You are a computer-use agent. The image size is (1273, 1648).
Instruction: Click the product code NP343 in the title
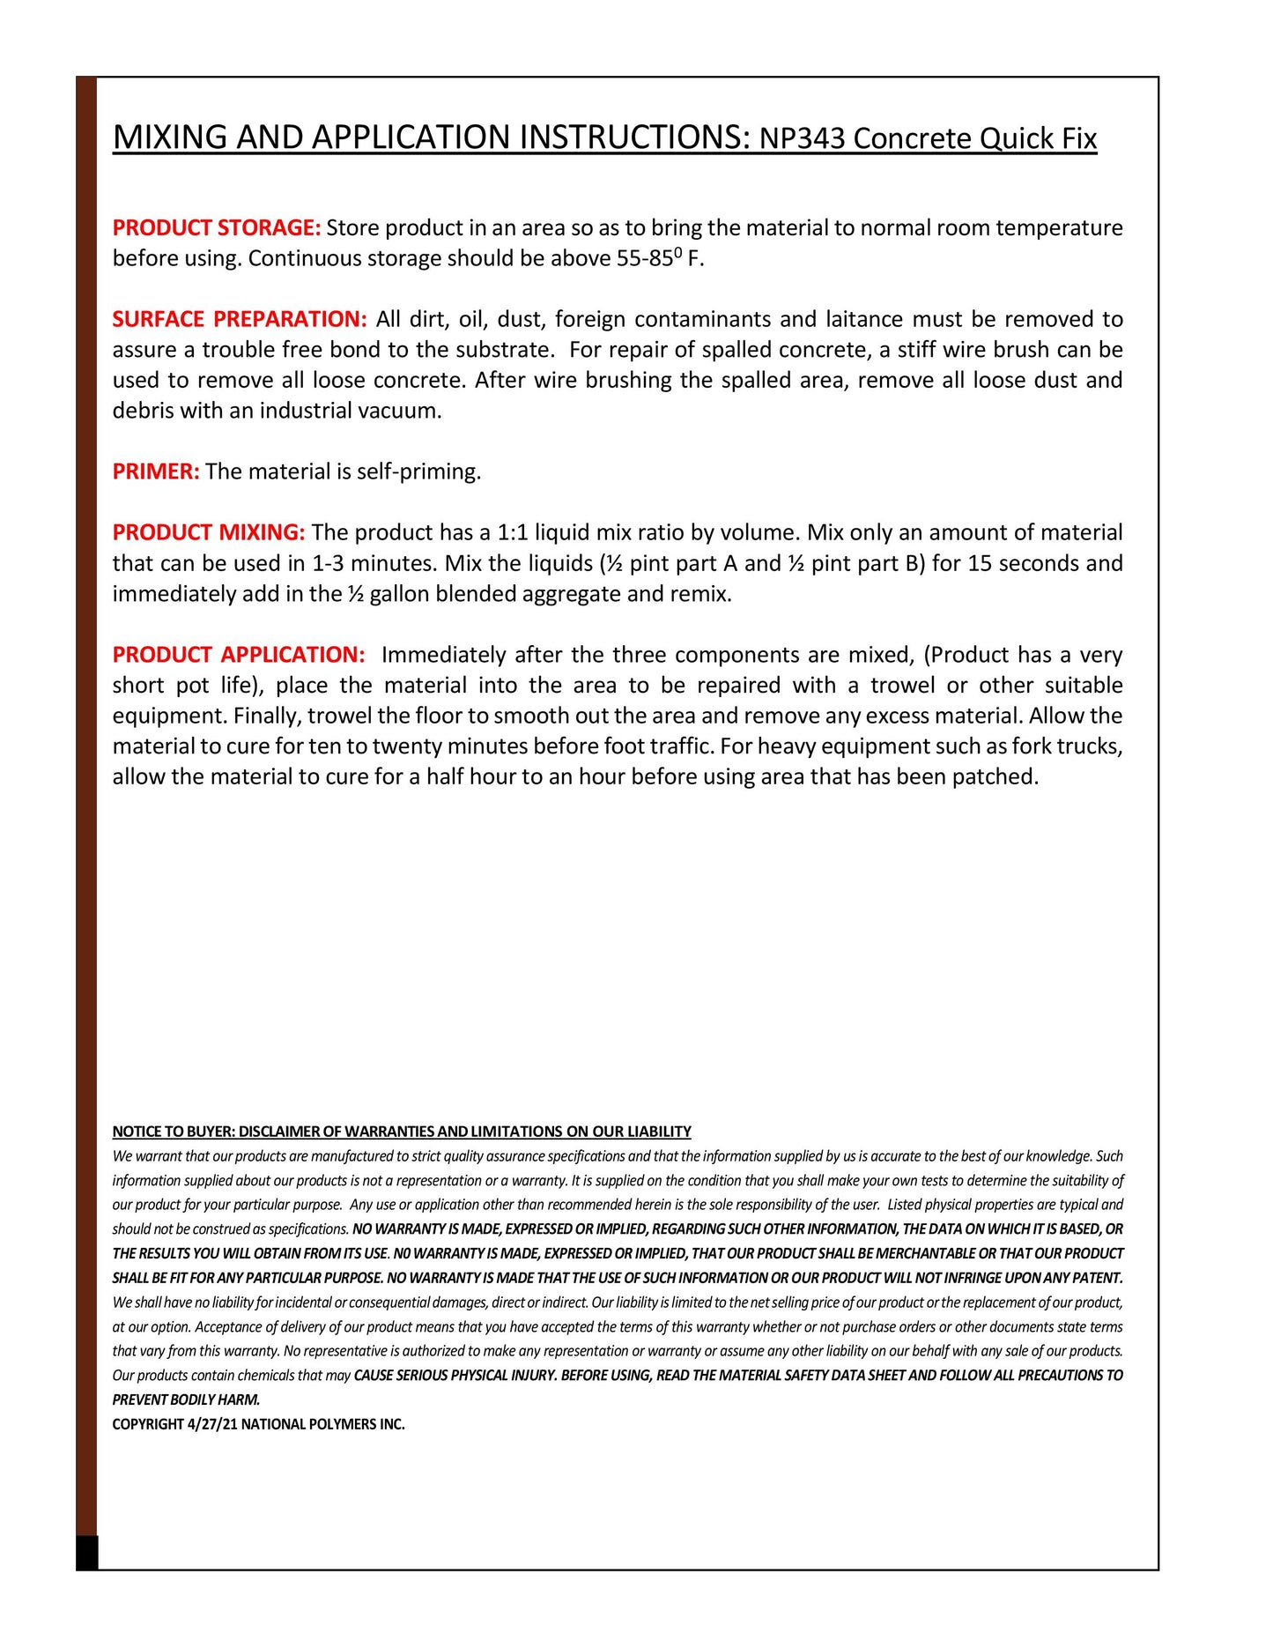pos(803,139)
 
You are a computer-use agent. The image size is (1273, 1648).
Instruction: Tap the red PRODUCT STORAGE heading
pos(216,228)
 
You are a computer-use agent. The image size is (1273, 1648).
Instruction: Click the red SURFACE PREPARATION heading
pos(239,319)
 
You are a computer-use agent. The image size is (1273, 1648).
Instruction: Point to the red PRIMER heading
pos(156,471)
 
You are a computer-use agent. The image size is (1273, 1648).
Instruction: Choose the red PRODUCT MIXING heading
pos(208,532)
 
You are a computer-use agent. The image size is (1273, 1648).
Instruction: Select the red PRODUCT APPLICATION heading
pos(238,655)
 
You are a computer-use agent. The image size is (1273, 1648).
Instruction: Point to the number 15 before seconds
pos(980,563)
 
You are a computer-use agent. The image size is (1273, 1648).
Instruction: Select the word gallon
pos(399,594)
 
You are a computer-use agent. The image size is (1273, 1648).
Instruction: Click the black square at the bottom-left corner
pos(86,1552)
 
